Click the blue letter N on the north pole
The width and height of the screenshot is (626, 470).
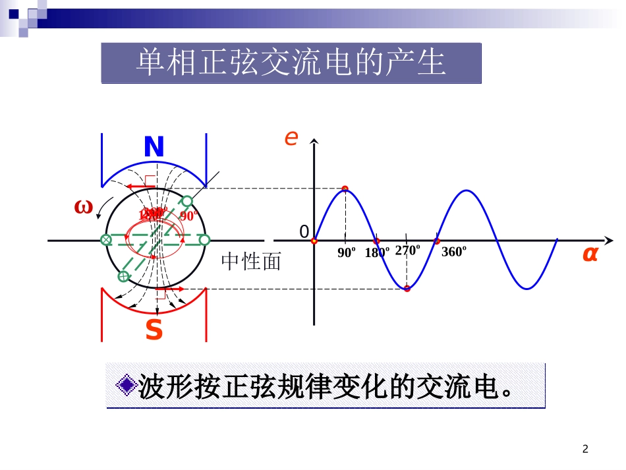154,147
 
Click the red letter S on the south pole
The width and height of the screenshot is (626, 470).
154,330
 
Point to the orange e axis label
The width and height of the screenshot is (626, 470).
291,138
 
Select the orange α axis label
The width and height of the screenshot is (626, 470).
589,254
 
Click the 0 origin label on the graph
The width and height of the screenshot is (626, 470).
304,231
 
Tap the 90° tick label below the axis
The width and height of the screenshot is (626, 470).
347,252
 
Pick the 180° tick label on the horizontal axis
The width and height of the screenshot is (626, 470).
377,252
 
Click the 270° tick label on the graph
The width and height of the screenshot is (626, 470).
407,250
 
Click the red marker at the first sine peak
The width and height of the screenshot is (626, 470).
345,189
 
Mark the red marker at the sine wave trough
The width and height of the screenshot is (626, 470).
407,288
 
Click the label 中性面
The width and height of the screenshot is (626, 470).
251,262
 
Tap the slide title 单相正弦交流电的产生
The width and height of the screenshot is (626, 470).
291,63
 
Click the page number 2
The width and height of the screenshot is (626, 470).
585,450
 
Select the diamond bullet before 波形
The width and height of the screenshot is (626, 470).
125,387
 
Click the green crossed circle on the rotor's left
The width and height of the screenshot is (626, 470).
105,240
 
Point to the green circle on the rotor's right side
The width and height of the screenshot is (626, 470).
204,240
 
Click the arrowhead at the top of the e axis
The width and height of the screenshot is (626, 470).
315,142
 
